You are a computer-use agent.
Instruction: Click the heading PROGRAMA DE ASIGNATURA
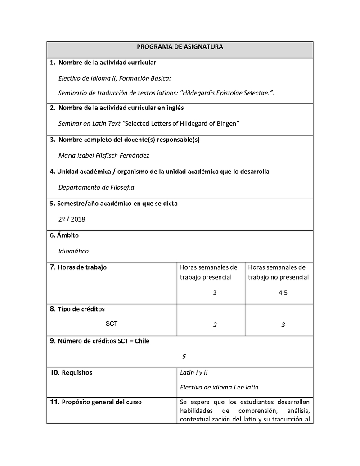tap(180, 47)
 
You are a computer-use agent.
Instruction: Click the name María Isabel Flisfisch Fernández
tap(104, 155)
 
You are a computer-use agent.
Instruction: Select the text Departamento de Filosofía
tap(96, 187)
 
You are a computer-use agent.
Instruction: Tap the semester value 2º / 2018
tap(72, 219)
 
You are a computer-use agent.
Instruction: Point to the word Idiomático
tap(73, 251)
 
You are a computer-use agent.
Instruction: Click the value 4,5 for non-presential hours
tap(283, 293)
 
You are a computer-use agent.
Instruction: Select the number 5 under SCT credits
tap(184, 356)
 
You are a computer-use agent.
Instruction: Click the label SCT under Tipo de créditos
tap(112, 323)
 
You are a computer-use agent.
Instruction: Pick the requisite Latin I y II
tap(193, 373)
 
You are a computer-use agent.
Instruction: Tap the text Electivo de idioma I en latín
tap(219, 387)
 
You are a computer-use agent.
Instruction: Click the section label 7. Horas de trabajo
tap(78, 267)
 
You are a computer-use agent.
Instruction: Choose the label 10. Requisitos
tap(71, 373)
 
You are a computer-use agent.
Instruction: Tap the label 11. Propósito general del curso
tap(96, 402)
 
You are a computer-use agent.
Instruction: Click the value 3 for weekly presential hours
tap(215, 293)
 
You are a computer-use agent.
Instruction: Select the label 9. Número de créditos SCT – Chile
tap(99, 341)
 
